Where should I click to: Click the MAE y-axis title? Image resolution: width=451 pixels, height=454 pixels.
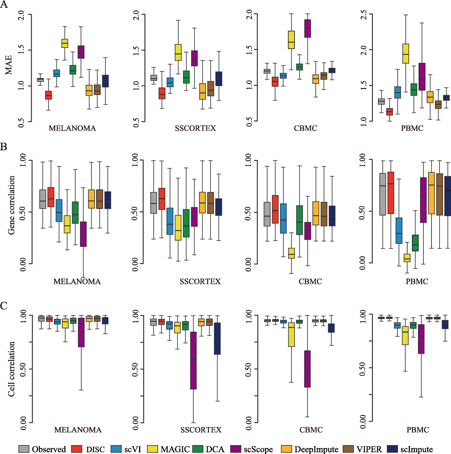point(9,65)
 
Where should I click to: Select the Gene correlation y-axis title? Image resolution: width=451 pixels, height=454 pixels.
point(11,205)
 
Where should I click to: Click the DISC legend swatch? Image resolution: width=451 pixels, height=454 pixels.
point(77,449)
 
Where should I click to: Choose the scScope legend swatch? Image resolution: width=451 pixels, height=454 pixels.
point(235,449)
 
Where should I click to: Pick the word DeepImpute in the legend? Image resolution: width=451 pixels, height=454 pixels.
point(316,449)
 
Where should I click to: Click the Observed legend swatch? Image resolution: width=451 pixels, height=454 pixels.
point(24,449)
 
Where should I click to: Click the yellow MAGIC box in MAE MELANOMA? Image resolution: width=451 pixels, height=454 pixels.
point(65,43)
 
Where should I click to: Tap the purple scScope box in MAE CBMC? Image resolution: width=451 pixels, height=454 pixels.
point(308,29)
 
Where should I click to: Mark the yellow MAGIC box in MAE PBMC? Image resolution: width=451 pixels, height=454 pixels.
point(406,54)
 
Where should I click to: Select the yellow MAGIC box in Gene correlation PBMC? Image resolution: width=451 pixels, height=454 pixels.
point(407,258)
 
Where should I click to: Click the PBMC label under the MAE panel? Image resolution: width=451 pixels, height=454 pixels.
point(412,128)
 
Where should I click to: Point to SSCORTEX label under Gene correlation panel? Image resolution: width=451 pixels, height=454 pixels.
point(200,282)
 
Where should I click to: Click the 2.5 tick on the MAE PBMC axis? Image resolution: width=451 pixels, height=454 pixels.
point(364,15)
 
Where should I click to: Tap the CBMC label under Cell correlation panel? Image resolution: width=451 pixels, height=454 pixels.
point(311,430)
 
